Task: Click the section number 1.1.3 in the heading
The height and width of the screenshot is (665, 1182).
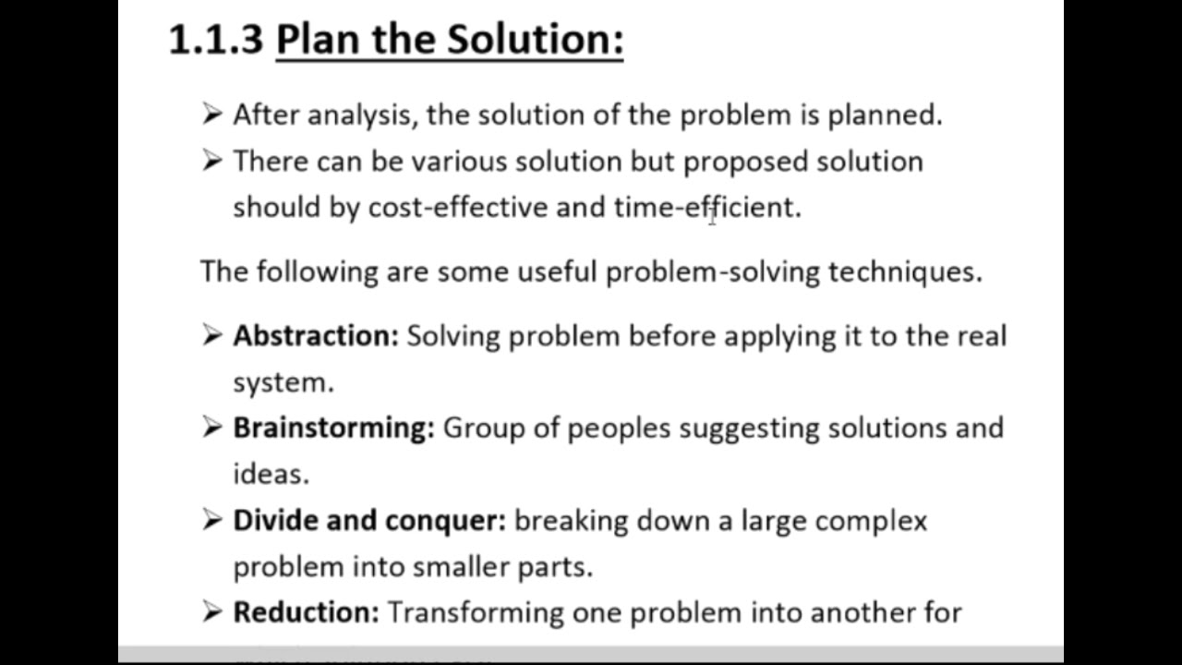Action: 216,40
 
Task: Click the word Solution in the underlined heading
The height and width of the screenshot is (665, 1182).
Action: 536,40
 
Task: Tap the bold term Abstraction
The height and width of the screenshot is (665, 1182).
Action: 315,335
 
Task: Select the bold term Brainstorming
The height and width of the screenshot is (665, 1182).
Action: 332,428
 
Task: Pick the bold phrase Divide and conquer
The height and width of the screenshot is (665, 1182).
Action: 368,520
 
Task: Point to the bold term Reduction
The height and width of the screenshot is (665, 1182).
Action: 306,612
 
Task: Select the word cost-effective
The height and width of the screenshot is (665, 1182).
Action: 457,207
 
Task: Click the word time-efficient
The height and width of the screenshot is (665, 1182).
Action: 706,207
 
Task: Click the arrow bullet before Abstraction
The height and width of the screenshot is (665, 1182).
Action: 211,335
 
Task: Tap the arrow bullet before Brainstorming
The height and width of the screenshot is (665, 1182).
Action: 211,428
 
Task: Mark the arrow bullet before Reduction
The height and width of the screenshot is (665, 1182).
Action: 211,611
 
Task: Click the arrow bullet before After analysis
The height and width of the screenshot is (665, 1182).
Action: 211,115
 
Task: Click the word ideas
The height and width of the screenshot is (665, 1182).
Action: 270,474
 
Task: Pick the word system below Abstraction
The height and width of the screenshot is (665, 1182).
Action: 282,382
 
